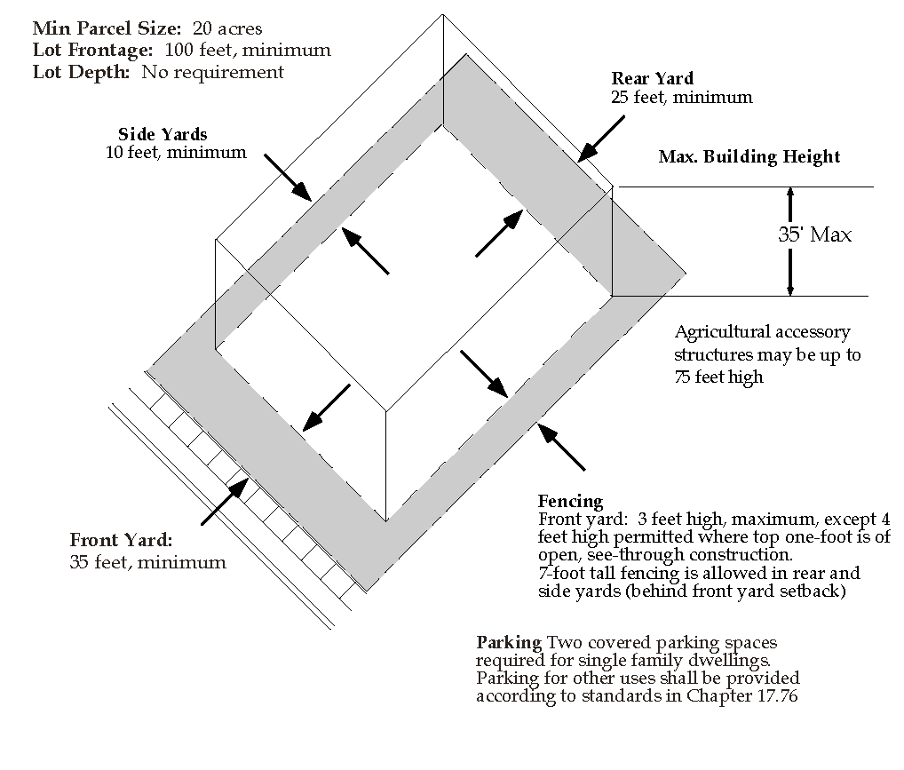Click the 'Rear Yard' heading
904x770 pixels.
point(652,78)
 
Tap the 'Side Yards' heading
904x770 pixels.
point(163,134)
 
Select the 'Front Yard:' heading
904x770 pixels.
point(121,540)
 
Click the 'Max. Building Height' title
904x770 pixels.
point(749,157)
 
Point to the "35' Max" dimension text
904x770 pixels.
point(814,234)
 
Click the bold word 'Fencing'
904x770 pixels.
point(570,501)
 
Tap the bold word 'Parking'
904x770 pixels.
point(509,643)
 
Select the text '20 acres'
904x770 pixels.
point(227,28)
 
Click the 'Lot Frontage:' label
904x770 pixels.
point(93,51)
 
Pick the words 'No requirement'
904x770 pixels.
point(213,72)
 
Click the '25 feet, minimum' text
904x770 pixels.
point(681,98)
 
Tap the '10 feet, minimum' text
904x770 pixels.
point(176,153)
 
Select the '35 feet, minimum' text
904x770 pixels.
point(148,562)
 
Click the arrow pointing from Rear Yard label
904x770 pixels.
point(601,139)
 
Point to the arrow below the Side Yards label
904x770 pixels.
point(288,178)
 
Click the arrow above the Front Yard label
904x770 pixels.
point(225,501)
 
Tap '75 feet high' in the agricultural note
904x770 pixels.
point(719,377)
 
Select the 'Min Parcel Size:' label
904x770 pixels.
point(107,28)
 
